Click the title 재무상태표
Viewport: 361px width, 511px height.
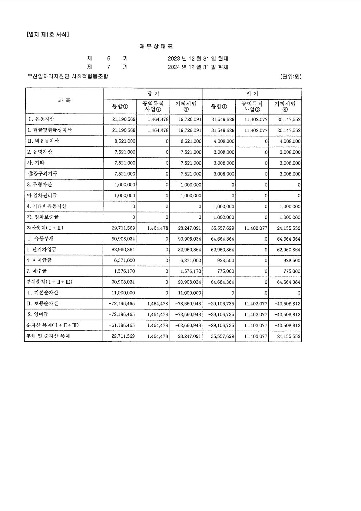point(156,46)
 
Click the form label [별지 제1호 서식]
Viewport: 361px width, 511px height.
point(48,35)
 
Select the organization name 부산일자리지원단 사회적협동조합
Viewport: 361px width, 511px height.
point(68,76)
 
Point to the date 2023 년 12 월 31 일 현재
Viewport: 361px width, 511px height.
point(198,58)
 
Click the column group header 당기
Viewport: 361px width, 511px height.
point(153,94)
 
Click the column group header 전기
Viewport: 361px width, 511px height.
point(252,94)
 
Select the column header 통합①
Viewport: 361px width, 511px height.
point(120,106)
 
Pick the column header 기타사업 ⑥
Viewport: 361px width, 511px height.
point(285,106)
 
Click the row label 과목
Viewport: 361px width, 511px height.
point(64,101)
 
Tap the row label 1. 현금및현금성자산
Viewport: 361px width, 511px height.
point(50,130)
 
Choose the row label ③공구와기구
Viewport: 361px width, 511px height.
point(43,174)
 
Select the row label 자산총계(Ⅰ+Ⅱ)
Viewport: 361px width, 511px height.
point(45,228)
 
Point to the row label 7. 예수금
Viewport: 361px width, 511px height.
point(37,271)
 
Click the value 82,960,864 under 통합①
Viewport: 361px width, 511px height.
point(124,250)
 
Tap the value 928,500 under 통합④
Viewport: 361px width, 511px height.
point(226,260)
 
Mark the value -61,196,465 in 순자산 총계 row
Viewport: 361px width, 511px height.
point(122,326)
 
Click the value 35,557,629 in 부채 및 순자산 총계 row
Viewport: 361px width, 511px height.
point(223,336)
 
